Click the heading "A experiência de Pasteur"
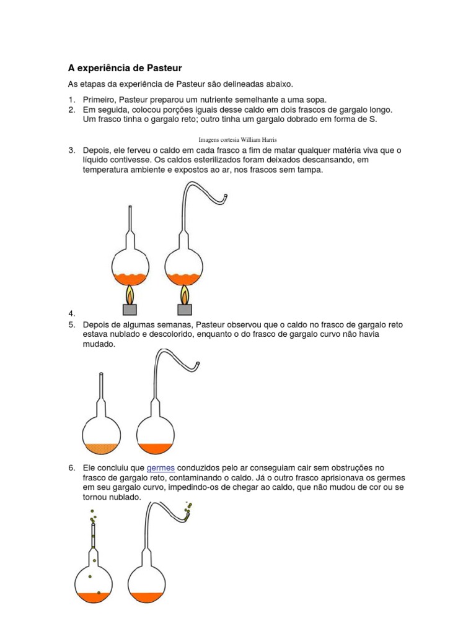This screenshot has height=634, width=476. pyautogui.click(x=124, y=66)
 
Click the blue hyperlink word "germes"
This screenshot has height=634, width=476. pyautogui.click(x=161, y=467)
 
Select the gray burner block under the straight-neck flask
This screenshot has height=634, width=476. pyautogui.click(x=130, y=309)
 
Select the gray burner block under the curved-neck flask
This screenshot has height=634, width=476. pyautogui.click(x=184, y=309)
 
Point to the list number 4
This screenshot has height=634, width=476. pyautogui.click(x=71, y=315)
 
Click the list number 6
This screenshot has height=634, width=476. pyautogui.click(x=71, y=467)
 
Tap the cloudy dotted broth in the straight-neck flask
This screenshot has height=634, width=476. pyautogui.click(x=101, y=448)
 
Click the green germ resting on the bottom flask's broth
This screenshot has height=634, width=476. pyautogui.click(x=99, y=593)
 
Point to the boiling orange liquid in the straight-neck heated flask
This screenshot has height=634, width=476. pyautogui.click(x=129, y=278)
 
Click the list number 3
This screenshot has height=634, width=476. pyautogui.click(x=71, y=150)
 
